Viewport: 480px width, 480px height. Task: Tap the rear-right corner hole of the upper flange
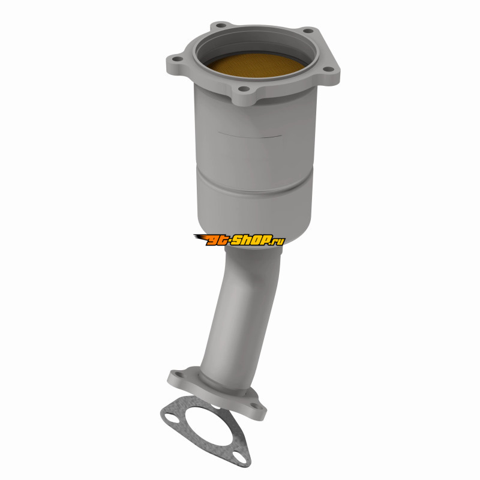coord(308,31)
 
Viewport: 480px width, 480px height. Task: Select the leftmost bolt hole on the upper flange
coord(177,59)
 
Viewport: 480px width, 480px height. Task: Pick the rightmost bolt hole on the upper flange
coord(328,69)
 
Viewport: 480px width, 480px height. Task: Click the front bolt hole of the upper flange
coord(244,89)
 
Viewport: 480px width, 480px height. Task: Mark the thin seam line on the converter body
coord(250,135)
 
